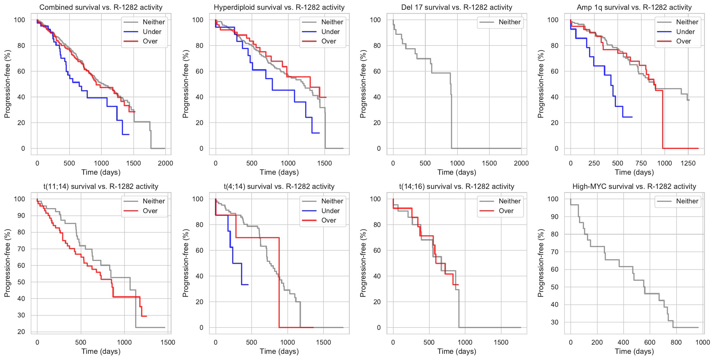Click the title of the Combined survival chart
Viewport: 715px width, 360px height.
tap(101, 7)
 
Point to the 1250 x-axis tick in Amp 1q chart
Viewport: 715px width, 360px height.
tap(688, 163)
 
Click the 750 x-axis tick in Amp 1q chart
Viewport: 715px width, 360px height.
tap(641, 163)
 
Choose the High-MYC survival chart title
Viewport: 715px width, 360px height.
tap(634, 187)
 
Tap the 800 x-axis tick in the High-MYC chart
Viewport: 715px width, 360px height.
tap(676, 342)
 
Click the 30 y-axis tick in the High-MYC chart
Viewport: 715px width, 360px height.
tap(554, 322)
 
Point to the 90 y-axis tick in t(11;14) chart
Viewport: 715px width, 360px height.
tap(21, 215)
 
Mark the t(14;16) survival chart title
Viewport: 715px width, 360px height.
tap(457, 187)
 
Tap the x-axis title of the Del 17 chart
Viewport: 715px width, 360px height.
tap(457, 172)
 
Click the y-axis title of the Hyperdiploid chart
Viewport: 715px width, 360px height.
tap(185, 84)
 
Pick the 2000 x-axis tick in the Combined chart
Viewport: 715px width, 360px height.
tap(165, 163)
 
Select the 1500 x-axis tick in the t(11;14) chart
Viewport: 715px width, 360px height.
tap(168, 342)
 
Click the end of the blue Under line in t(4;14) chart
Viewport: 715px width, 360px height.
tap(248, 285)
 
